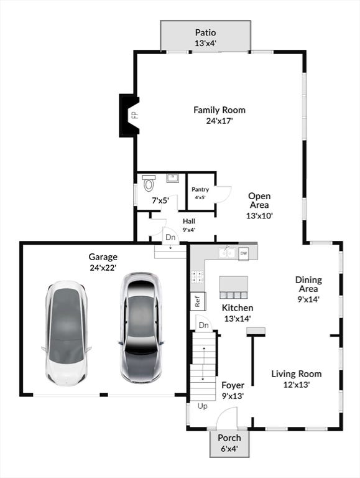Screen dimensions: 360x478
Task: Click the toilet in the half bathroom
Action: point(149,183)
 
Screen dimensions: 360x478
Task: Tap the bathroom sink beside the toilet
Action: point(172,178)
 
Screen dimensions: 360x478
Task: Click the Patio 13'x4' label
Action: point(206,37)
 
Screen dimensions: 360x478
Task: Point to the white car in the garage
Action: point(67,333)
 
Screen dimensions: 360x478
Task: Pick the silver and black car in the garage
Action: point(141,327)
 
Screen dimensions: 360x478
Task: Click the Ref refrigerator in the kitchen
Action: point(198,301)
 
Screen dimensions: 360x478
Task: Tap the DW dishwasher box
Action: point(243,253)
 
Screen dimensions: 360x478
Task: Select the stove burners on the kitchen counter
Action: point(197,276)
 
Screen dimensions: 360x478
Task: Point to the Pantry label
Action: point(200,189)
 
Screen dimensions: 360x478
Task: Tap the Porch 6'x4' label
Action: point(229,443)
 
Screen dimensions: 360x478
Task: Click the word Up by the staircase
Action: point(203,406)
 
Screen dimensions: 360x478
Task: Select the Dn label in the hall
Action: point(170,237)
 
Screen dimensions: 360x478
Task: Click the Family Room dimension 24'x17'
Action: point(219,121)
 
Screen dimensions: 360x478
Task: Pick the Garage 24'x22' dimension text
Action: point(103,268)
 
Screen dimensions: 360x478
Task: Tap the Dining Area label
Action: point(308,284)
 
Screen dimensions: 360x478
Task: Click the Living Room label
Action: point(297,373)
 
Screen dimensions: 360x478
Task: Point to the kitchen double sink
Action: point(227,253)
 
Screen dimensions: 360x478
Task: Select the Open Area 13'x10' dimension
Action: point(259,215)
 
